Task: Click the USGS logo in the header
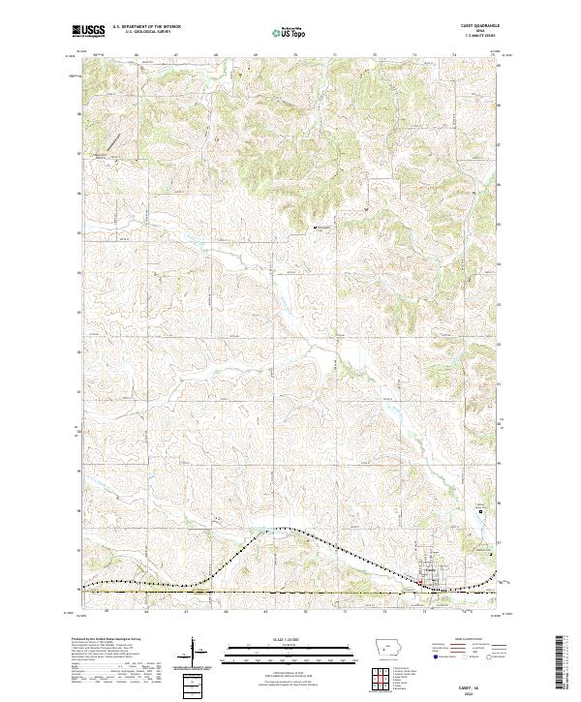87,32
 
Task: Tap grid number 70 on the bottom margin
305,611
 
